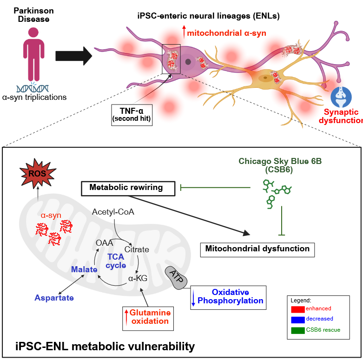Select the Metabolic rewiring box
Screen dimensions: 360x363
tap(126, 188)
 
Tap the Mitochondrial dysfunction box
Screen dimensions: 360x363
tap(257, 249)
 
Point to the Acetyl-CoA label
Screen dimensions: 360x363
tap(113, 212)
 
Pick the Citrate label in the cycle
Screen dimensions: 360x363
tap(137, 249)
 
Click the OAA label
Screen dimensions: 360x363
tap(105, 242)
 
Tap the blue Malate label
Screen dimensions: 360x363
tap(84, 269)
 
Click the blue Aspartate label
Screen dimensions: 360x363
tap(54, 298)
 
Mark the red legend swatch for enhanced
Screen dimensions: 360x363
tap(297, 309)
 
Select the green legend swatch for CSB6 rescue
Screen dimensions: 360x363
tap(297, 330)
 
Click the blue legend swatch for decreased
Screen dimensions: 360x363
tap(297, 320)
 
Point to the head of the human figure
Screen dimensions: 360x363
tap(33, 33)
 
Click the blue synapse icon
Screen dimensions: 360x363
tap(340, 96)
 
